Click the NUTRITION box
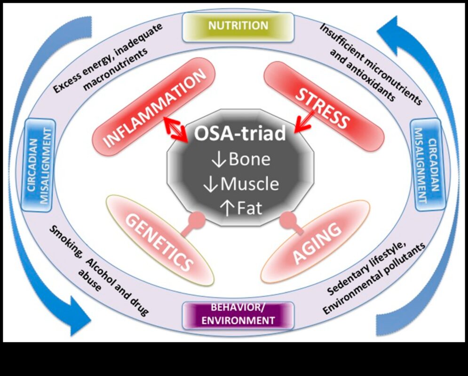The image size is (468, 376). click(x=238, y=25)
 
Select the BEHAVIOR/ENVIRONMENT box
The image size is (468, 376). click(x=238, y=315)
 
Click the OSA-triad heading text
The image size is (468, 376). click(x=241, y=134)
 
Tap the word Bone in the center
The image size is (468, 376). click(x=249, y=159)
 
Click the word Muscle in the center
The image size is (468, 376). click(x=249, y=184)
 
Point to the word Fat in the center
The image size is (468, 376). click(x=249, y=208)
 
